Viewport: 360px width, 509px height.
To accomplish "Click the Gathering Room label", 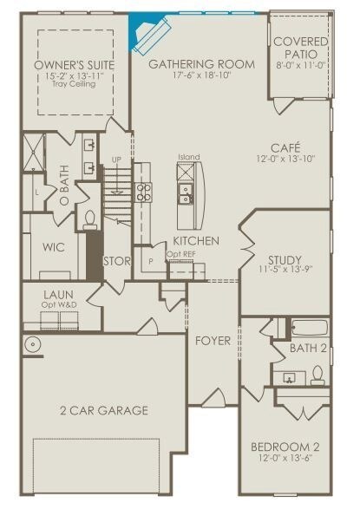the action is pos(201,64).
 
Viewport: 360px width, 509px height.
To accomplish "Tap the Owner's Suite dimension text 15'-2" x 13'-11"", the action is pos(75,76).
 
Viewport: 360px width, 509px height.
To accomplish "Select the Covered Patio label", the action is pos(301,48).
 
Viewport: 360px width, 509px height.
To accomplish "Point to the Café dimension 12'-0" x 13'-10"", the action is pos(286,159).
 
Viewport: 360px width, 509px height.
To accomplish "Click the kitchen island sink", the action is pos(186,193).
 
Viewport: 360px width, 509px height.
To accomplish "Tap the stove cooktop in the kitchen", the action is pos(143,193).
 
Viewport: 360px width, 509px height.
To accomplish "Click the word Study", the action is pos(285,260).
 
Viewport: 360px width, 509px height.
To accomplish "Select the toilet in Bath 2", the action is pos(317,375).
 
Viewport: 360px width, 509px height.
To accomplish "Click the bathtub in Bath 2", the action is pos(310,328).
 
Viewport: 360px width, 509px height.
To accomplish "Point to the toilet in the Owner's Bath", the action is pos(89,219).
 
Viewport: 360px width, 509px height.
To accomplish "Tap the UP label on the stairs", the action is pos(116,160).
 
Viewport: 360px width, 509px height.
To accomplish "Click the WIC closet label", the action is pos(54,247).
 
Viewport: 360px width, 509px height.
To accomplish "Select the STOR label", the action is pos(117,261).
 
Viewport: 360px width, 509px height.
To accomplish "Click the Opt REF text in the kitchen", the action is pos(181,255).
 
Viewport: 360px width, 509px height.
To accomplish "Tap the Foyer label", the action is pos(213,341).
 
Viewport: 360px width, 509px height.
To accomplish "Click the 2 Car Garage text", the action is pos(104,410).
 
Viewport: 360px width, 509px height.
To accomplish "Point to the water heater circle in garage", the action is pos(32,343).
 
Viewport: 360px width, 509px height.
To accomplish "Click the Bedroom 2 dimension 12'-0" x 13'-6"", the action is pos(285,458).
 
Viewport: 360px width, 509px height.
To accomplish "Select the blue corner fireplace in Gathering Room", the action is pos(147,32).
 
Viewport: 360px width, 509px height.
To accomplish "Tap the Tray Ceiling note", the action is pos(74,84).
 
